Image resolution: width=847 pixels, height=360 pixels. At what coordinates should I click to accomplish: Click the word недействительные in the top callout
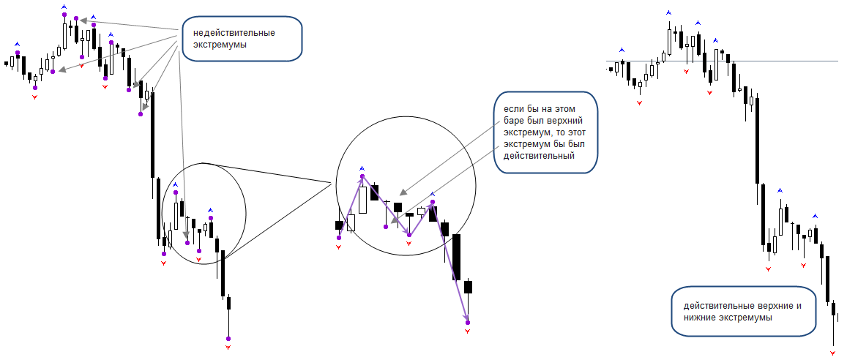[x=234, y=33]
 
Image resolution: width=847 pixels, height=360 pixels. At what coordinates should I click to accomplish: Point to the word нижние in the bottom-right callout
[x=702, y=318]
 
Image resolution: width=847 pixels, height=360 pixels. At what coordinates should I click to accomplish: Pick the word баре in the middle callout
[x=514, y=120]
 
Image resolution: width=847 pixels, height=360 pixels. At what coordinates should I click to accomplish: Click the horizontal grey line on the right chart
[x=723, y=61]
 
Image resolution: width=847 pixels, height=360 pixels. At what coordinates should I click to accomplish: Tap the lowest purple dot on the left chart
[x=228, y=338]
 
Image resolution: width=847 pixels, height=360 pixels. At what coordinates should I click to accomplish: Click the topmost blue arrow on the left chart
[x=64, y=7]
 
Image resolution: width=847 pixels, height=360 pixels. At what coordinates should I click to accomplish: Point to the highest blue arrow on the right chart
[x=668, y=12]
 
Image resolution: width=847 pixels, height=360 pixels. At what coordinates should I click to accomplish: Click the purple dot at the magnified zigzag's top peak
[x=362, y=176]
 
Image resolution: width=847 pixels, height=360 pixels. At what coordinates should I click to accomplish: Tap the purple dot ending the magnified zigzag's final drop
[x=468, y=323]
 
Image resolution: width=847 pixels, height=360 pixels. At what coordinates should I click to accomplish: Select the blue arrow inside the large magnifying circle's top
[x=362, y=168]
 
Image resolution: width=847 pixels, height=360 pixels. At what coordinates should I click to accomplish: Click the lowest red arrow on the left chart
[x=228, y=347]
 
